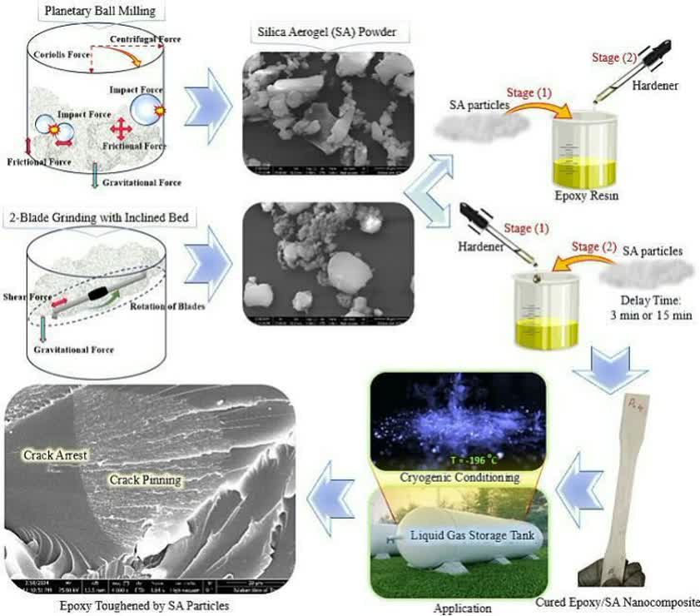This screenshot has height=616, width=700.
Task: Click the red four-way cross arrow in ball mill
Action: [x=121, y=128]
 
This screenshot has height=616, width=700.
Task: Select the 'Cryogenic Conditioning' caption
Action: [x=457, y=477]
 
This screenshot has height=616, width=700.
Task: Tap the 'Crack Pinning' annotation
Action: [x=146, y=480]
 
